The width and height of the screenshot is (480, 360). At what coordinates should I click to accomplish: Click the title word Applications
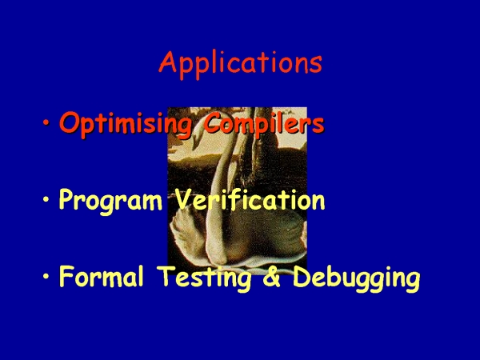(240, 64)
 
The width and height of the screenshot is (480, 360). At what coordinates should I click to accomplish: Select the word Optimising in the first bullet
(126, 124)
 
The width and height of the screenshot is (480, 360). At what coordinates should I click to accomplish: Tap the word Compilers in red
(263, 123)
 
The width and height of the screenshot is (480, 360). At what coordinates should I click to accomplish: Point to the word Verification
(250, 198)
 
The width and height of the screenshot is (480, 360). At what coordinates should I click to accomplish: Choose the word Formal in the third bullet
(102, 276)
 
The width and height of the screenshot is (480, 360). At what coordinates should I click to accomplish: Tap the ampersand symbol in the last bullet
(271, 276)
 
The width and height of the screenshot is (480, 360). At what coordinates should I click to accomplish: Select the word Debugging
(356, 278)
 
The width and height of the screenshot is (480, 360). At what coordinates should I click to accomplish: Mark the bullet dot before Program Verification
(46, 199)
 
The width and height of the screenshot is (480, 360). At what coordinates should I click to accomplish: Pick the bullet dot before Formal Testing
(46, 276)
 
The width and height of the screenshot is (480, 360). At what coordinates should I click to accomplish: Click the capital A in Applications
(168, 62)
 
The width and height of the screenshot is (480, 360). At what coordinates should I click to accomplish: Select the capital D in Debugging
(302, 276)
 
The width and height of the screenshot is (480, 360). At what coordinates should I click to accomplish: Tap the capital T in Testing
(167, 276)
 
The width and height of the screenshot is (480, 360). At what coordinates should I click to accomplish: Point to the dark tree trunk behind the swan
(260, 153)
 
